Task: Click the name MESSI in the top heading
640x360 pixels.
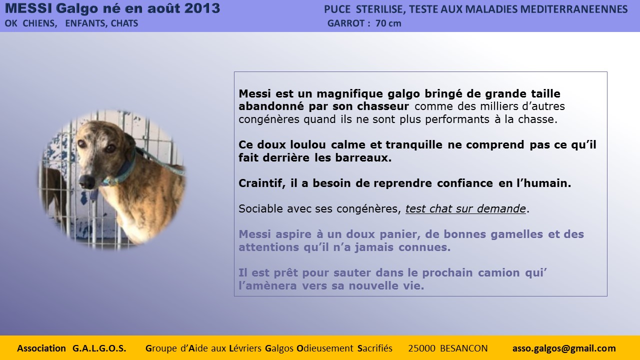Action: click(28, 8)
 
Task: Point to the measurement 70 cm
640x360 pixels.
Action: click(388, 23)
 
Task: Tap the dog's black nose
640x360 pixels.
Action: click(87, 181)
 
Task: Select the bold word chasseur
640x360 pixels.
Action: click(383, 106)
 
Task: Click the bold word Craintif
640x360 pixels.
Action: click(262, 183)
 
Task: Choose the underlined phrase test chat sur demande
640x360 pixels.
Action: click(465, 209)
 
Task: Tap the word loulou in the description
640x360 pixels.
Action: click(307, 144)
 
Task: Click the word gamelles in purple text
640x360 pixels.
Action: click(516, 234)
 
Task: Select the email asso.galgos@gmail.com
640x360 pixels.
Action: click(564, 348)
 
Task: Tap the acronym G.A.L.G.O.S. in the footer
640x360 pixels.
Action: click(99, 348)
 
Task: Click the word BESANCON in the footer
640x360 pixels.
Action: click(463, 348)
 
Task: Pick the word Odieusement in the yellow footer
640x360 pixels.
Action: click(325, 348)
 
